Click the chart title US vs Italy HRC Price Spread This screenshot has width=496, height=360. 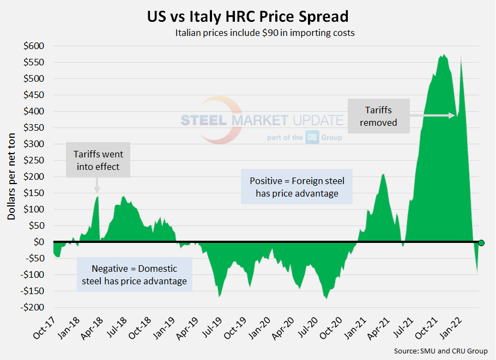point(247,16)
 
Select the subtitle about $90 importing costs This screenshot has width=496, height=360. point(265,33)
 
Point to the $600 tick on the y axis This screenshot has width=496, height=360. point(34,46)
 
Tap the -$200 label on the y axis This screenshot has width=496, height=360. point(33,307)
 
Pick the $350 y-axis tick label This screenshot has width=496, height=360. point(34,127)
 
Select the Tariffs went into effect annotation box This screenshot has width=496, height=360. point(98,161)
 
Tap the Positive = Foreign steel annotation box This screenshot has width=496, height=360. point(297,186)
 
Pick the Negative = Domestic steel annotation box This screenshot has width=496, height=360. point(134,274)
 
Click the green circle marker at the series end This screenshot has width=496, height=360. point(481,243)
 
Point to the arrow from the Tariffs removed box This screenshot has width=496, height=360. point(434,115)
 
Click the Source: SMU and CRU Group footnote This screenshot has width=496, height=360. point(441,351)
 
